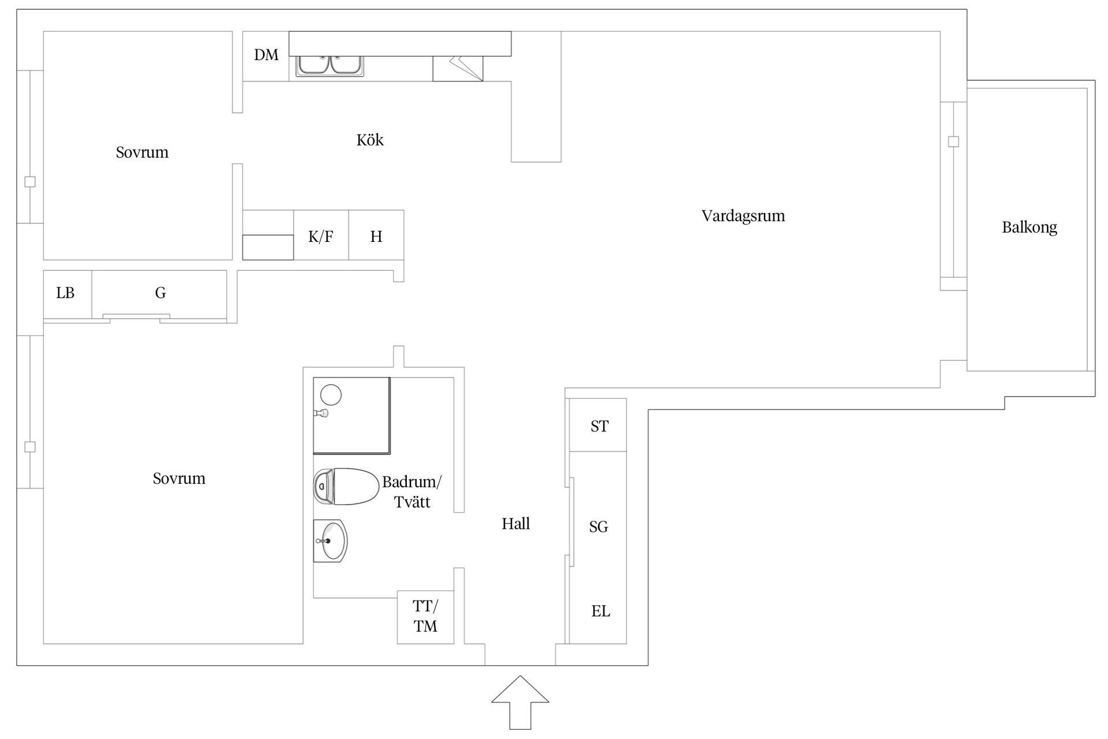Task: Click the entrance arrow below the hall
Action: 520,702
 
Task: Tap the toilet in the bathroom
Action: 346,487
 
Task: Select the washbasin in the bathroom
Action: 331,540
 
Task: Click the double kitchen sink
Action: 330,66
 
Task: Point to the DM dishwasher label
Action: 266,55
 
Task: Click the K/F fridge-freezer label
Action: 321,236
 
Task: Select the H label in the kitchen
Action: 376,236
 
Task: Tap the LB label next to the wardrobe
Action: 65,293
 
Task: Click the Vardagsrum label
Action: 743,216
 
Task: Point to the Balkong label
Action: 1030,227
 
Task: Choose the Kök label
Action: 370,140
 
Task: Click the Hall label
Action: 516,524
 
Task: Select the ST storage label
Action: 600,426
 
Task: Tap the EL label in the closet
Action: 601,611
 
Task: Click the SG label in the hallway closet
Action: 598,527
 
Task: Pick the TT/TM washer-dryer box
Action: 425,617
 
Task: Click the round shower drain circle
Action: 331,395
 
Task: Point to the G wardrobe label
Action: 160,293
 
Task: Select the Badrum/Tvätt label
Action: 412,492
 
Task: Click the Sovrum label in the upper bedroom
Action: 142,152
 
